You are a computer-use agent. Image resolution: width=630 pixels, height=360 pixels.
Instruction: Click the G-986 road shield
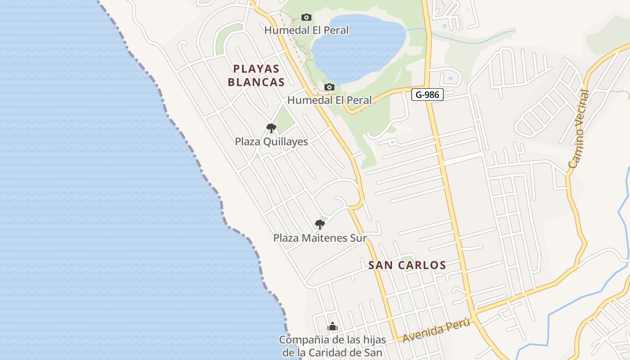click(x=427, y=94)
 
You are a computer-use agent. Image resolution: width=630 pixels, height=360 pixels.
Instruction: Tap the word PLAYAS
click(x=256, y=69)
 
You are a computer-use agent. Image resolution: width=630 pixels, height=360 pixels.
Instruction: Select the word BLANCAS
click(x=256, y=82)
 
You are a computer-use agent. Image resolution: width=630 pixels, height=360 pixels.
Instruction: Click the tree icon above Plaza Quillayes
click(x=271, y=128)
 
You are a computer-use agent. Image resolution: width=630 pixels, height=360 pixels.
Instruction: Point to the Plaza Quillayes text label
click(x=271, y=142)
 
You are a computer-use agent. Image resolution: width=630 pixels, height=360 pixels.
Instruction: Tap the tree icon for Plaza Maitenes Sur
click(x=319, y=224)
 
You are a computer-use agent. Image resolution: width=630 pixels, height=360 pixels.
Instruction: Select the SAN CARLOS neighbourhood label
click(x=407, y=265)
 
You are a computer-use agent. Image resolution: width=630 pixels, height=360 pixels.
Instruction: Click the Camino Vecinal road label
click(x=579, y=129)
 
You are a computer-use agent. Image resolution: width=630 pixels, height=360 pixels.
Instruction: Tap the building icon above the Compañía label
click(x=333, y=326)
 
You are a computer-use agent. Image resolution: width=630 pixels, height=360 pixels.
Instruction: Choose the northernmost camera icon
click(x=306, y=17)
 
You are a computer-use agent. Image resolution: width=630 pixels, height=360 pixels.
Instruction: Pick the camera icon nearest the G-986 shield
click(x=329, y=87)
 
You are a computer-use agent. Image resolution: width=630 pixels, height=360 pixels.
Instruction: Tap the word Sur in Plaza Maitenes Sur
click(x=358, y=238)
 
